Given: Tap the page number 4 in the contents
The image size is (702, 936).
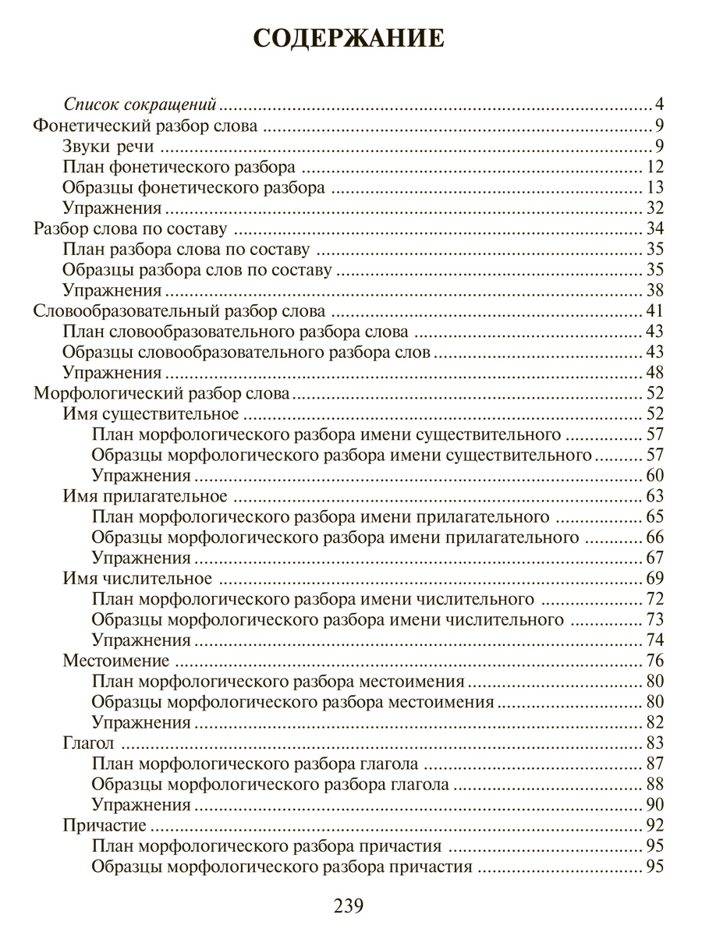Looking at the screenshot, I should pyautogui.click(x=659, y=105).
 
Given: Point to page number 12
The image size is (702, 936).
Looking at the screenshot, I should pyautogui.click(x=654, y=166).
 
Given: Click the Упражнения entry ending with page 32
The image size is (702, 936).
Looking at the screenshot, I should pyautogui.click(x=112, y=207).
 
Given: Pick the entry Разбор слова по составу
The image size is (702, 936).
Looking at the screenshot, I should pyautogui.click(x=131, y=229).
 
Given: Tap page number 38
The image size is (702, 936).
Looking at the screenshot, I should pyautogui.click(x=654, y=290).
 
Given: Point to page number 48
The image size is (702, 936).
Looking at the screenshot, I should pyautogui.click(x=654, y=372).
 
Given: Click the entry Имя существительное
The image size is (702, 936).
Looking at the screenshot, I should pyautogui.click(x=150, y=413).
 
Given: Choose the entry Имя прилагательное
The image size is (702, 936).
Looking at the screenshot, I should pyautogui.click(x=144, y=496).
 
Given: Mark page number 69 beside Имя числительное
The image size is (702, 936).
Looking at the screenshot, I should pyautogui.click(x=654, y=578).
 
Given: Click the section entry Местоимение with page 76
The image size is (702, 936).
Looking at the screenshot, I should pyautogui.click(x=115, y=661).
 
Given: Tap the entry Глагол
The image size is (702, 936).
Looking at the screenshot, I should pyautogui.click(x=88, y=743).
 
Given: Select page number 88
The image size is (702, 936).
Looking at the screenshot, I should pyautogui.click(x=654, y=784).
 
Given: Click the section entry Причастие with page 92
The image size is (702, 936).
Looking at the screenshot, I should pyautogui.click(x=105, y=825).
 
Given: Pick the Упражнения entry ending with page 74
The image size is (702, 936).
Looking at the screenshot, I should pyautogui.click(x=141, y=640).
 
